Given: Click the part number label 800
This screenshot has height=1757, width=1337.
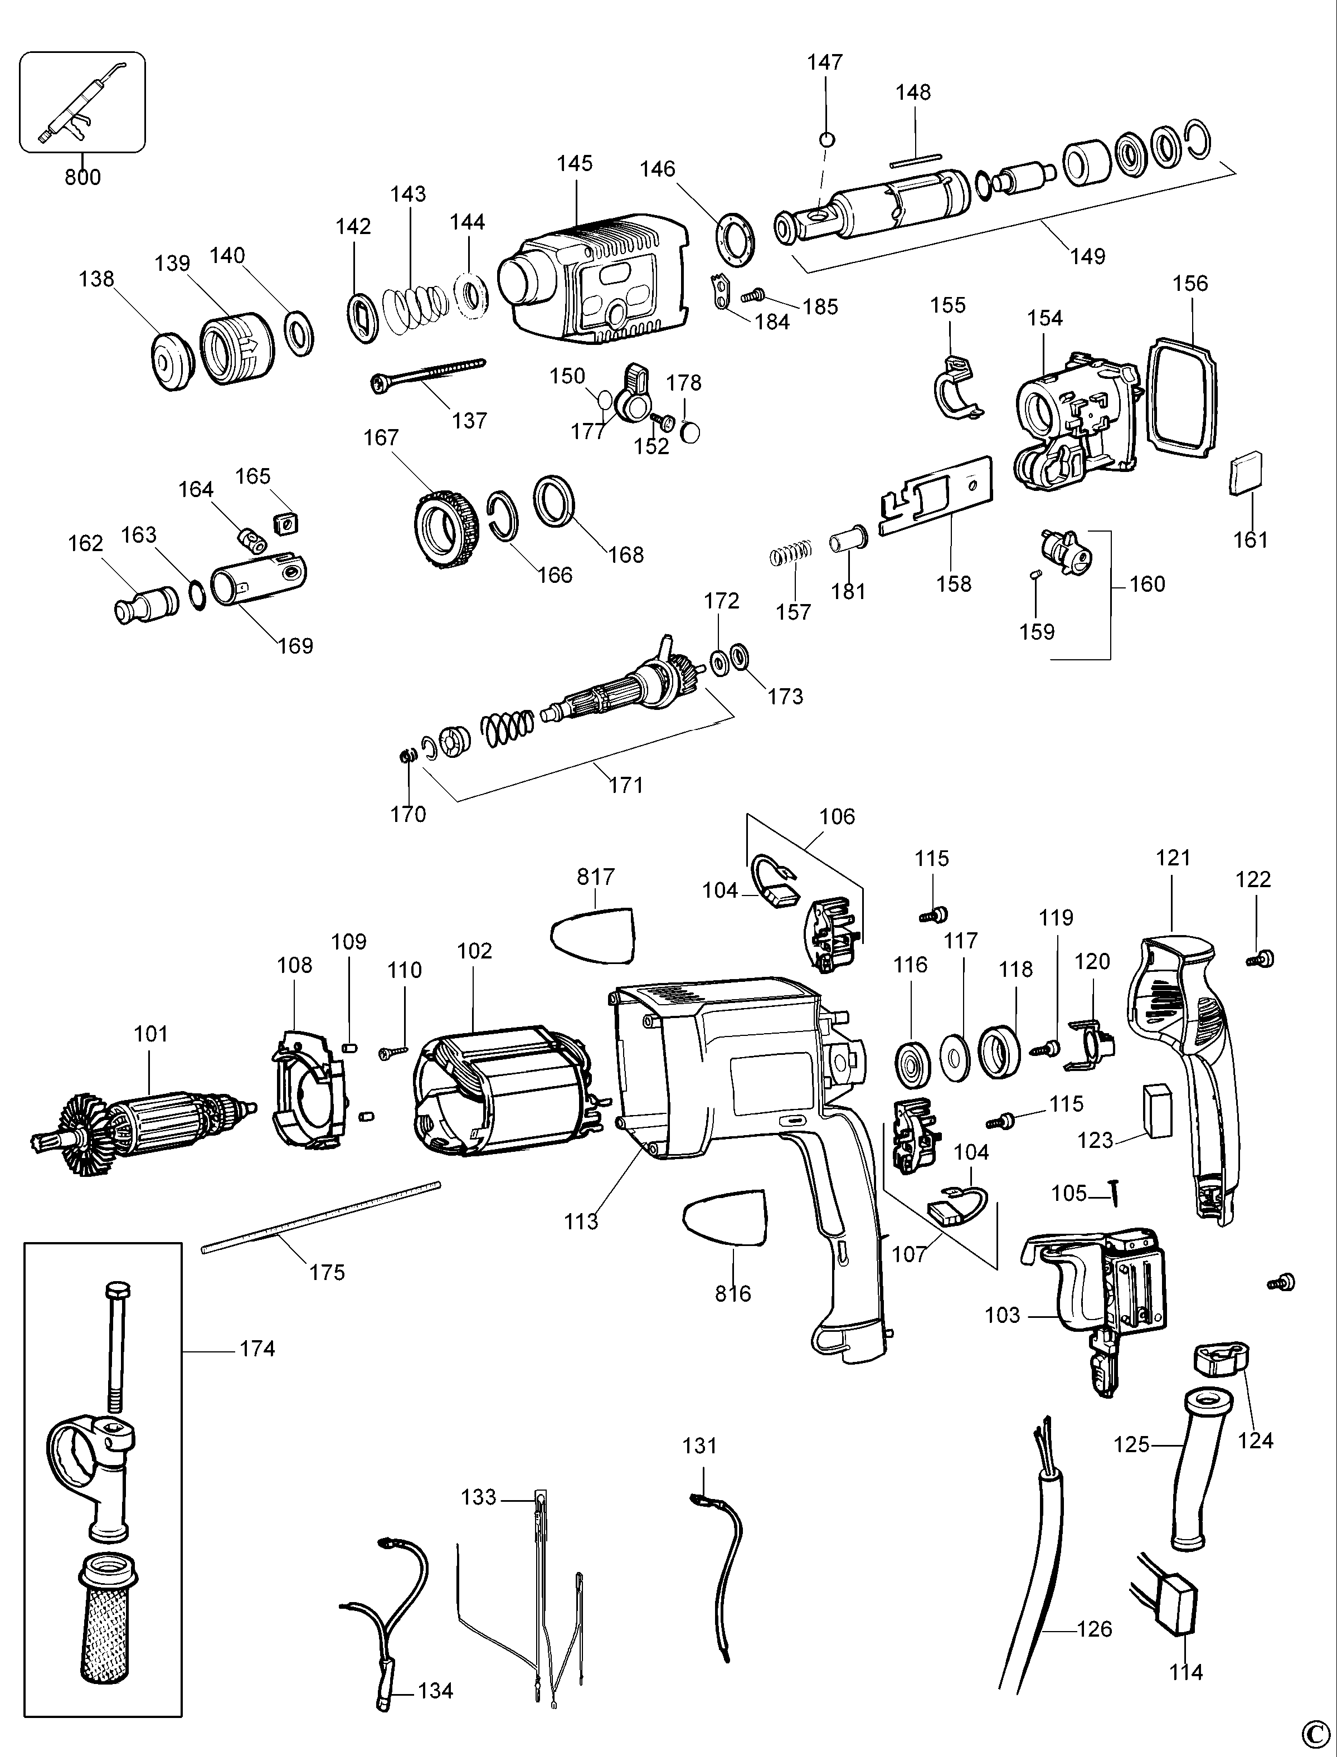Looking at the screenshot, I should pyautogui.click(x=83, y=177).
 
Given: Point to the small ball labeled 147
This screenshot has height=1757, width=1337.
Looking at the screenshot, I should pyautogui.click(x=828, y=139).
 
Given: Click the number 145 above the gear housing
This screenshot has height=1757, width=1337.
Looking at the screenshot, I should pyautogui.click(x=575, y=163).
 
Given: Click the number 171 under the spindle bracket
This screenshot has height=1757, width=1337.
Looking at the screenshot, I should pyautogui.click(x=626, y=785).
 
